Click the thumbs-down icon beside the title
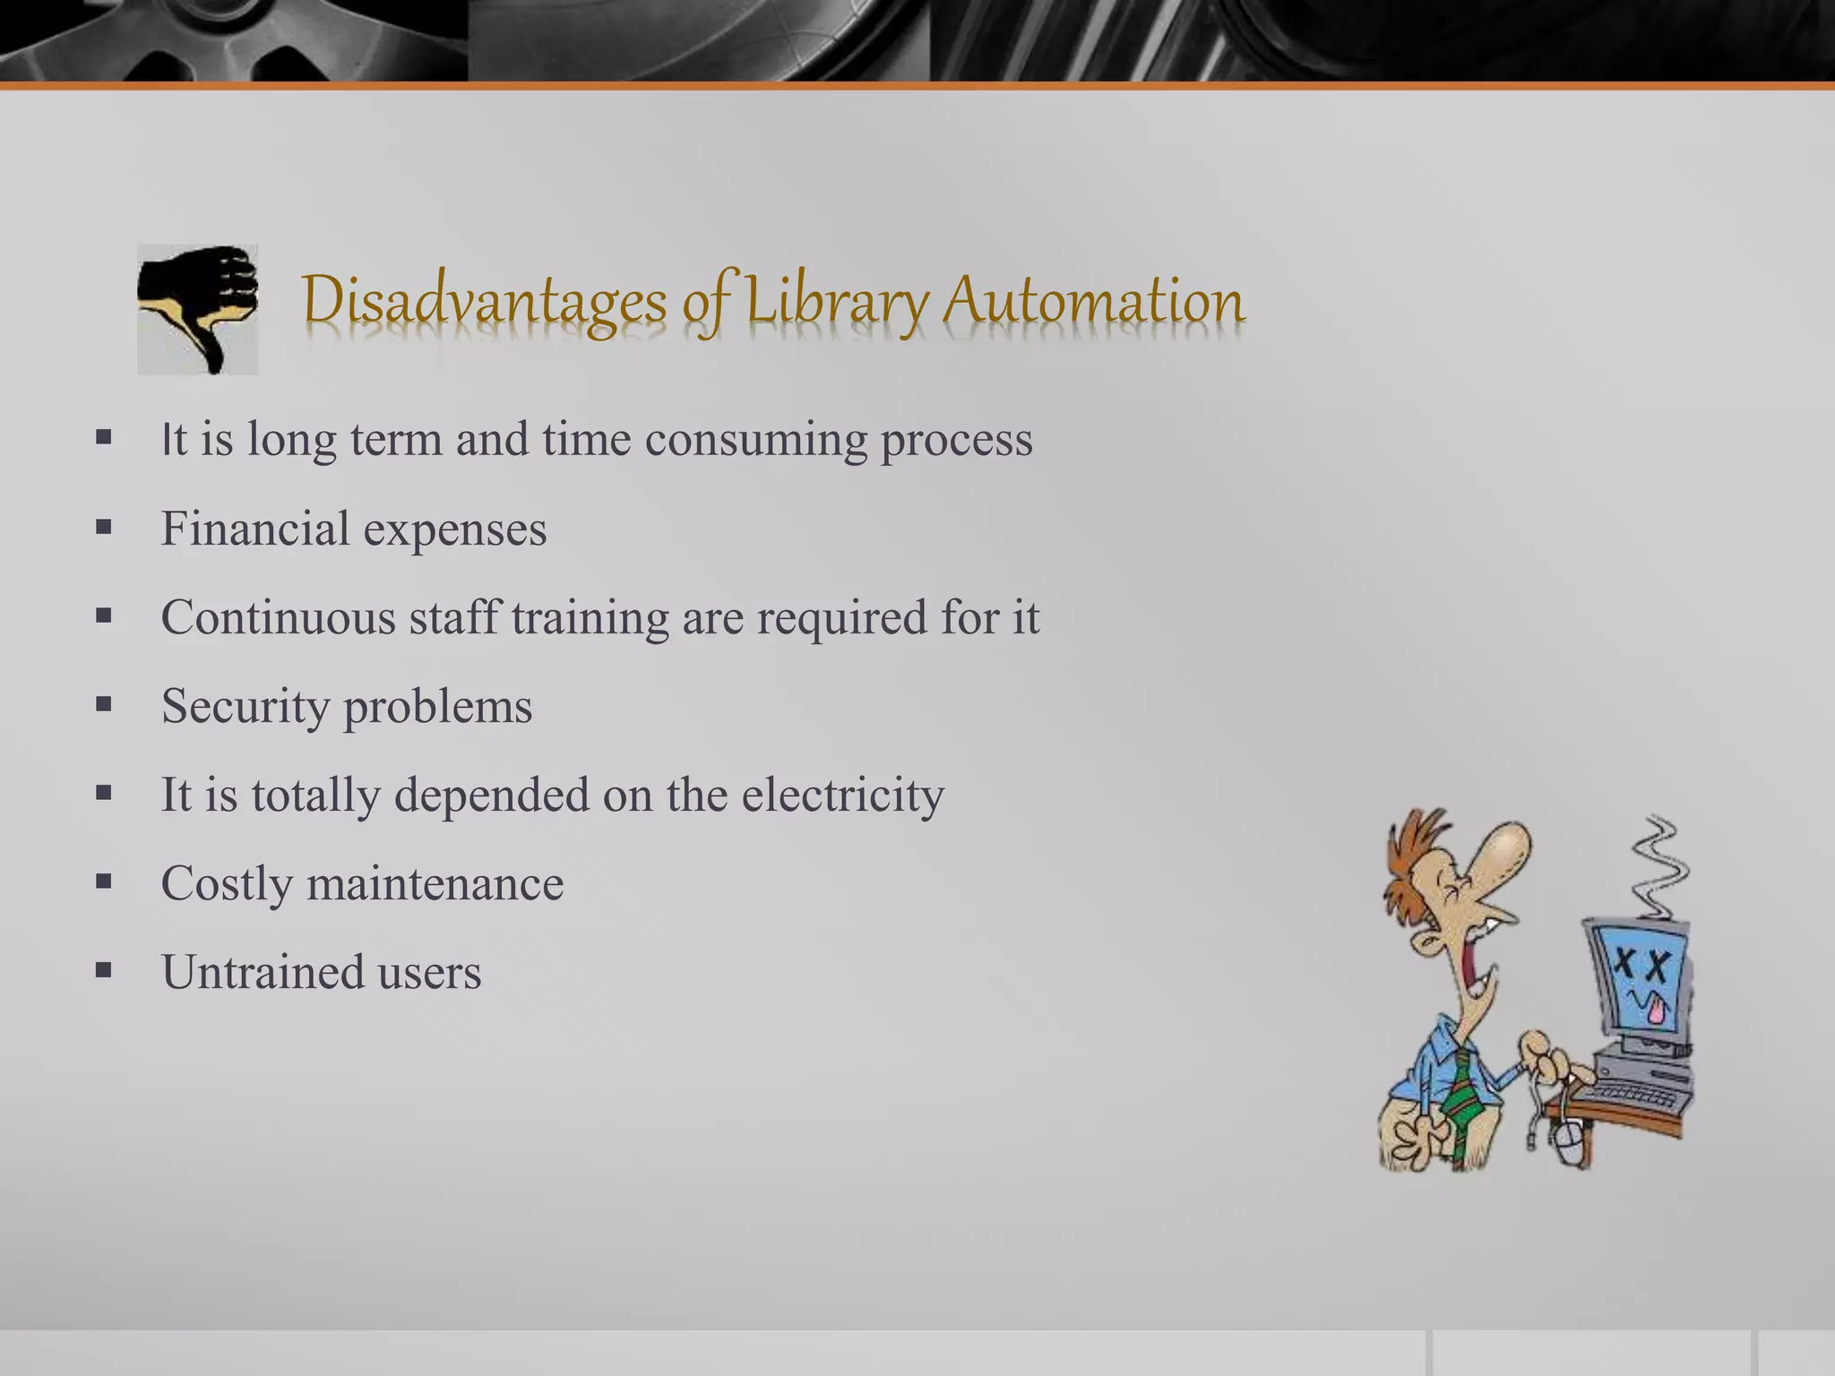coord(198,308)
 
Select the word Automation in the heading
coord(1093,301)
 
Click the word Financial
coord(255,529)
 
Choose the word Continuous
coord(278,617)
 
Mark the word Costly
coord(227,884)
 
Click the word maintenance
coord(435,883)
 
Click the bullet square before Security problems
coord(104,704)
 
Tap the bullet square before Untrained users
coord(104,969)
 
